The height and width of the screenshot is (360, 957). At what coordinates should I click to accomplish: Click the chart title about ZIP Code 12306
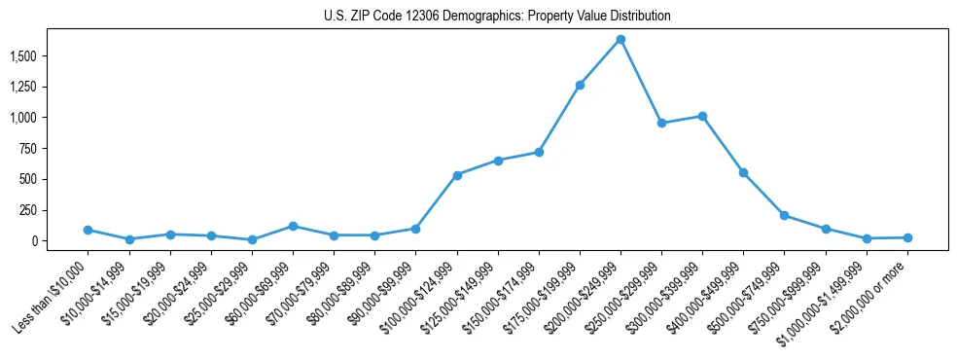[x=497, y=17]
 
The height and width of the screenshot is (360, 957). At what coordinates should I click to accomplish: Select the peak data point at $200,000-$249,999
[x=620, y=39]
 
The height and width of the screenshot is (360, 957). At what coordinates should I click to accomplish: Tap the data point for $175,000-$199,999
[x=580, y=85]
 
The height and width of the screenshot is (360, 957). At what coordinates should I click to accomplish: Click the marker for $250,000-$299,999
[x=661, y=124]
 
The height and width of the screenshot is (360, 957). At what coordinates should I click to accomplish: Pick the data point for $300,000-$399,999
[x=702, y=116]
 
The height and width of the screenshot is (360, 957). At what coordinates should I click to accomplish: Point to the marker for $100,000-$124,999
[x=457, y=175]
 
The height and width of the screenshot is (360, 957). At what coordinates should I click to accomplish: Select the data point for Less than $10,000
[x=88, y=230]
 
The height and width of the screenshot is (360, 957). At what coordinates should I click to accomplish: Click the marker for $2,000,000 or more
[x=907, y=237]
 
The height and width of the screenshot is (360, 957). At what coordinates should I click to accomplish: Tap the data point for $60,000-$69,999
[x=293, y=226]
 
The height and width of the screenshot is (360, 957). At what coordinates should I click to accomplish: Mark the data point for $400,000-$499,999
[x=743, y=172]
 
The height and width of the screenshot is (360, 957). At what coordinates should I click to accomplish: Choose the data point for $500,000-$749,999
[x=784, y=215]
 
